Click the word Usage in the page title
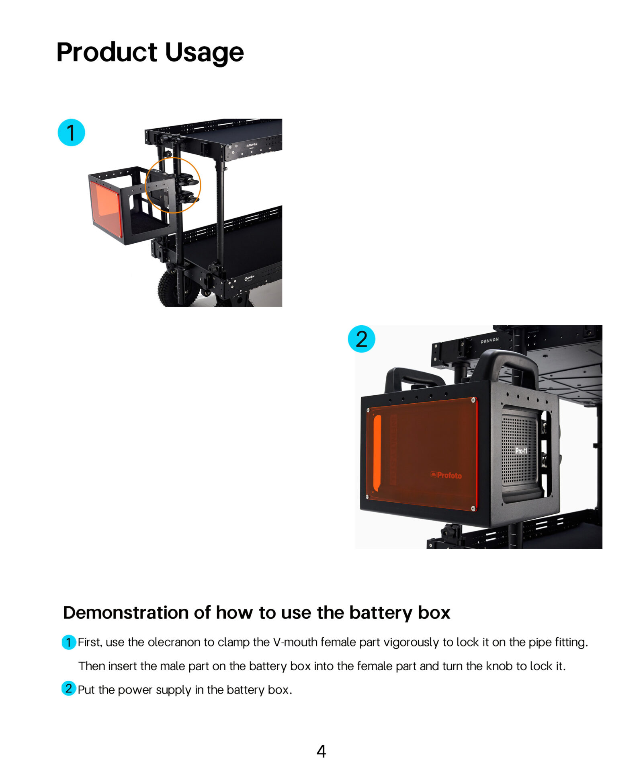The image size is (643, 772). click(204, 53)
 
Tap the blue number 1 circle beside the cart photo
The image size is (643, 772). click(72, 132)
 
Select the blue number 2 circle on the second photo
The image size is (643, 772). click(361, 339)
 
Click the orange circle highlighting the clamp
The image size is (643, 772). click(173, 158)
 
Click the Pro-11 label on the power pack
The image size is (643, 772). click(521, 451)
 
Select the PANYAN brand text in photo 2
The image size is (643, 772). click(489, 340)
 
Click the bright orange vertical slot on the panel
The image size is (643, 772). click(377, 453)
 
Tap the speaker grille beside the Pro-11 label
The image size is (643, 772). click(519, 450)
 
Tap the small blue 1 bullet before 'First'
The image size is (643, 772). click(69, 642)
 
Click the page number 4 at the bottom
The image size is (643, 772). click(321, 751)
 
